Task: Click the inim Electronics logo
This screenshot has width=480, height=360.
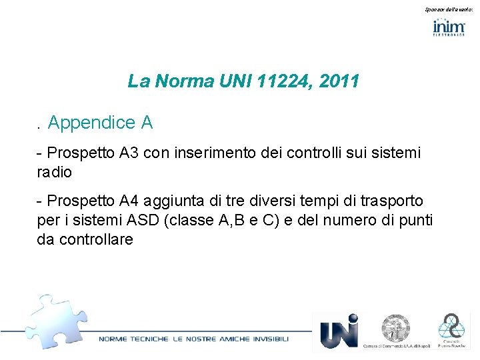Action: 449,27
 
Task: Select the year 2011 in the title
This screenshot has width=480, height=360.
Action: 339,81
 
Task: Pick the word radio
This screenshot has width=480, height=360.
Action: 54,172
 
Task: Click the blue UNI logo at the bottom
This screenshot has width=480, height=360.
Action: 339,331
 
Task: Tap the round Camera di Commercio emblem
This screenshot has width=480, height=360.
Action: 396,328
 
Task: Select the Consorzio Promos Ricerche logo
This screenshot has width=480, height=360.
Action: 453,331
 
